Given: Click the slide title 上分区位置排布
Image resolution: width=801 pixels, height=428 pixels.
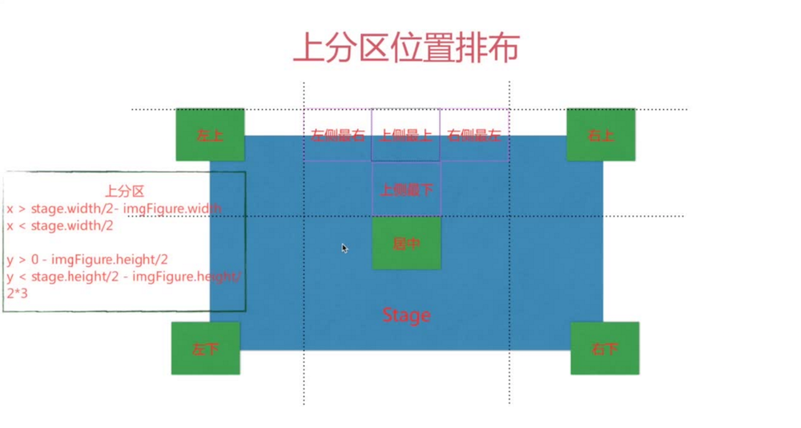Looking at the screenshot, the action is coord(406,46).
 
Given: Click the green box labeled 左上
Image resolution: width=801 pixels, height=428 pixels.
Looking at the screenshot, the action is coord(210,135).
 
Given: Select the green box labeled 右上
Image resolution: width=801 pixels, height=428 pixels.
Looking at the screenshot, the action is coord(601,135).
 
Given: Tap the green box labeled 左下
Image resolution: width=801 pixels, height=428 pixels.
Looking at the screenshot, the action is coord(205,349).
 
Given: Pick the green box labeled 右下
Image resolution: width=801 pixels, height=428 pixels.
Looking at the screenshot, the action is coord(604,349).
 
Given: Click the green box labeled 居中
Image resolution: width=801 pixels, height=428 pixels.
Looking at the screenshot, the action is coord(406,242).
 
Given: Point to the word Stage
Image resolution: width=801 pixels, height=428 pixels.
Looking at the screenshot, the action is coord(406,315).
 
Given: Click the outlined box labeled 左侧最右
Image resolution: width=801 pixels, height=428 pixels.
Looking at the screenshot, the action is coord(337,135).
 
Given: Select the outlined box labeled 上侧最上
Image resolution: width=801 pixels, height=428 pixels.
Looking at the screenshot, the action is coord(406,135).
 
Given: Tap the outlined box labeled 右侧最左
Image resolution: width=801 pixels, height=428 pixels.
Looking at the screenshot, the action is coord(474,135).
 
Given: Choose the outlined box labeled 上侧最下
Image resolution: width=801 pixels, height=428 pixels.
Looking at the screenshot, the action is coord(406,189).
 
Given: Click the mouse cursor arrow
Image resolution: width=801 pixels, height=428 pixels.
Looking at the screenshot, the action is coord(344,248).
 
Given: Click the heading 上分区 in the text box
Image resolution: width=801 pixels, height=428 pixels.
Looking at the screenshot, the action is coord(124,191).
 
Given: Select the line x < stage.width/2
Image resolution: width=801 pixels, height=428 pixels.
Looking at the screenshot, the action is coord(60,226).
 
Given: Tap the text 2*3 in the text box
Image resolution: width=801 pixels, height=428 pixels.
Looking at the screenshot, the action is coord(17,293).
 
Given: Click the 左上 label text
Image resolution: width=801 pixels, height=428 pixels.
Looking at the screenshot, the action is coord(209,135).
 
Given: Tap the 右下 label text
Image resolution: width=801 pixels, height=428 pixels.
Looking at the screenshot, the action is coord(604,349).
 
